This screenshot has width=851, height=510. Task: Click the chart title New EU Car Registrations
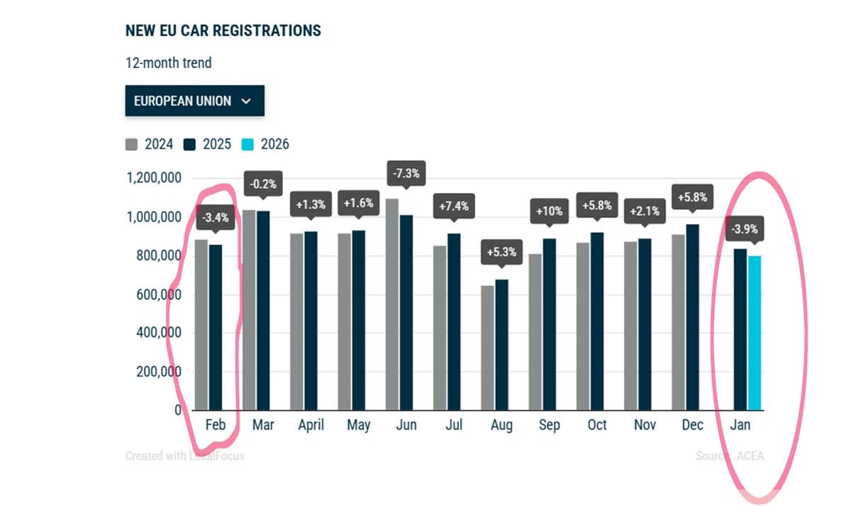[223, 31]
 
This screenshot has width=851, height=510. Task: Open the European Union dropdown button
[194, 101]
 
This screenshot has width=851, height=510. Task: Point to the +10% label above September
[549, 212]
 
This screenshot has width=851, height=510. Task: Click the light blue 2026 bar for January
[754, 333]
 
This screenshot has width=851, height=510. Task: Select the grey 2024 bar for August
[488, 348]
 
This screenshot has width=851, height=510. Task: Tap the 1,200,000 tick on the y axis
[152, 178]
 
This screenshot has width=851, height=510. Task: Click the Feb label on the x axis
[215, 425]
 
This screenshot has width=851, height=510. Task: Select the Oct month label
[597, 425]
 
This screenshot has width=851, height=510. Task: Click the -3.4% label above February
[216, 218]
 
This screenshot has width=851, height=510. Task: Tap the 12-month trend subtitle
[168, 62]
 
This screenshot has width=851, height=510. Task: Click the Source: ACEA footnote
[730, 455]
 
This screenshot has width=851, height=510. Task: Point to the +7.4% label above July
[453, 206]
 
